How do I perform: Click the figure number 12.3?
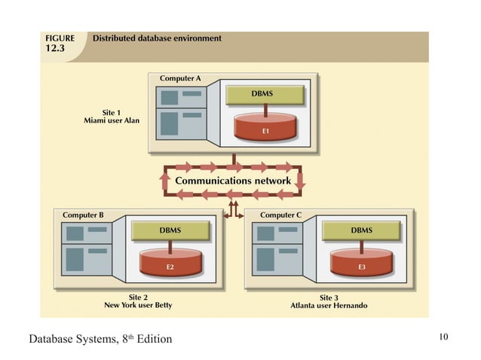click(54, 49)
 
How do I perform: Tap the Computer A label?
click(179, 78)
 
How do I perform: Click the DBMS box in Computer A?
click(265, 94)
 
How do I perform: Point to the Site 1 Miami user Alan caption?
click(112, 117)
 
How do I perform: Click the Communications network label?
click(232, 181)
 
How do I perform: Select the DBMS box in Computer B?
click(170, 230)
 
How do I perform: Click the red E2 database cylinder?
click(170, 263)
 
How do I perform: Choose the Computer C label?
click(280, 215)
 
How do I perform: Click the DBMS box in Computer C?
click(361, 230)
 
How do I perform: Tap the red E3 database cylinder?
click(362, 263)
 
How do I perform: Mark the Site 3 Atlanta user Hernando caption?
click(329, 301)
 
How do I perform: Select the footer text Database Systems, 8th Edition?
click(100, 339)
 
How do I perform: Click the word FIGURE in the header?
click(60, 38)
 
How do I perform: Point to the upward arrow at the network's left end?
click(165, 181)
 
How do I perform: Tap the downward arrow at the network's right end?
click(299, 181)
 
